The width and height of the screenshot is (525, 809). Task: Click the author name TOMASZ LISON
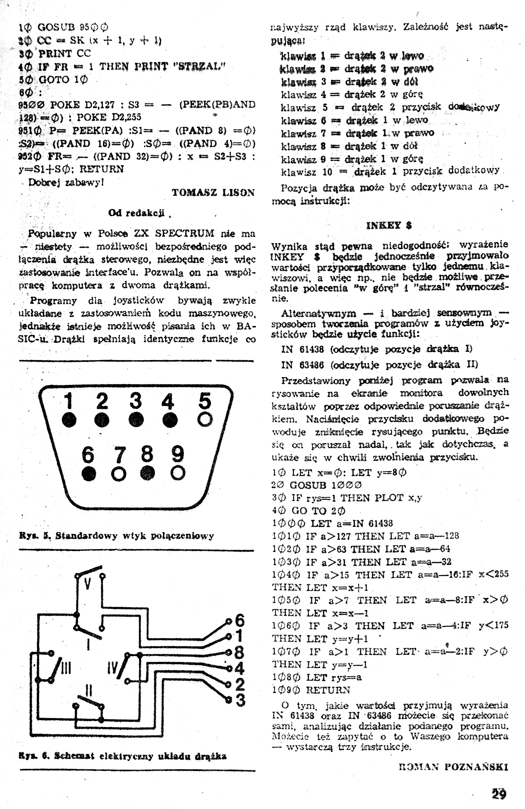213,193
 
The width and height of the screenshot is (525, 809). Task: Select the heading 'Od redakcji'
136,213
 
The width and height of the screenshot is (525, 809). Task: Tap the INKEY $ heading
389,225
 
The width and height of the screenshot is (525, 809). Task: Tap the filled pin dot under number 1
69,420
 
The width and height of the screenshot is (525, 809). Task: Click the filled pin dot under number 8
148,473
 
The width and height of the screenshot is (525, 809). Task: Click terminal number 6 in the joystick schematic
239,620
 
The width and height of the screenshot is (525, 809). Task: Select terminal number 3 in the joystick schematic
240,700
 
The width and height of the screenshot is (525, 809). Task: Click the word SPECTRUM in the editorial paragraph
184,233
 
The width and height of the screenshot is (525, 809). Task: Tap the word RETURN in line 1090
328,690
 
